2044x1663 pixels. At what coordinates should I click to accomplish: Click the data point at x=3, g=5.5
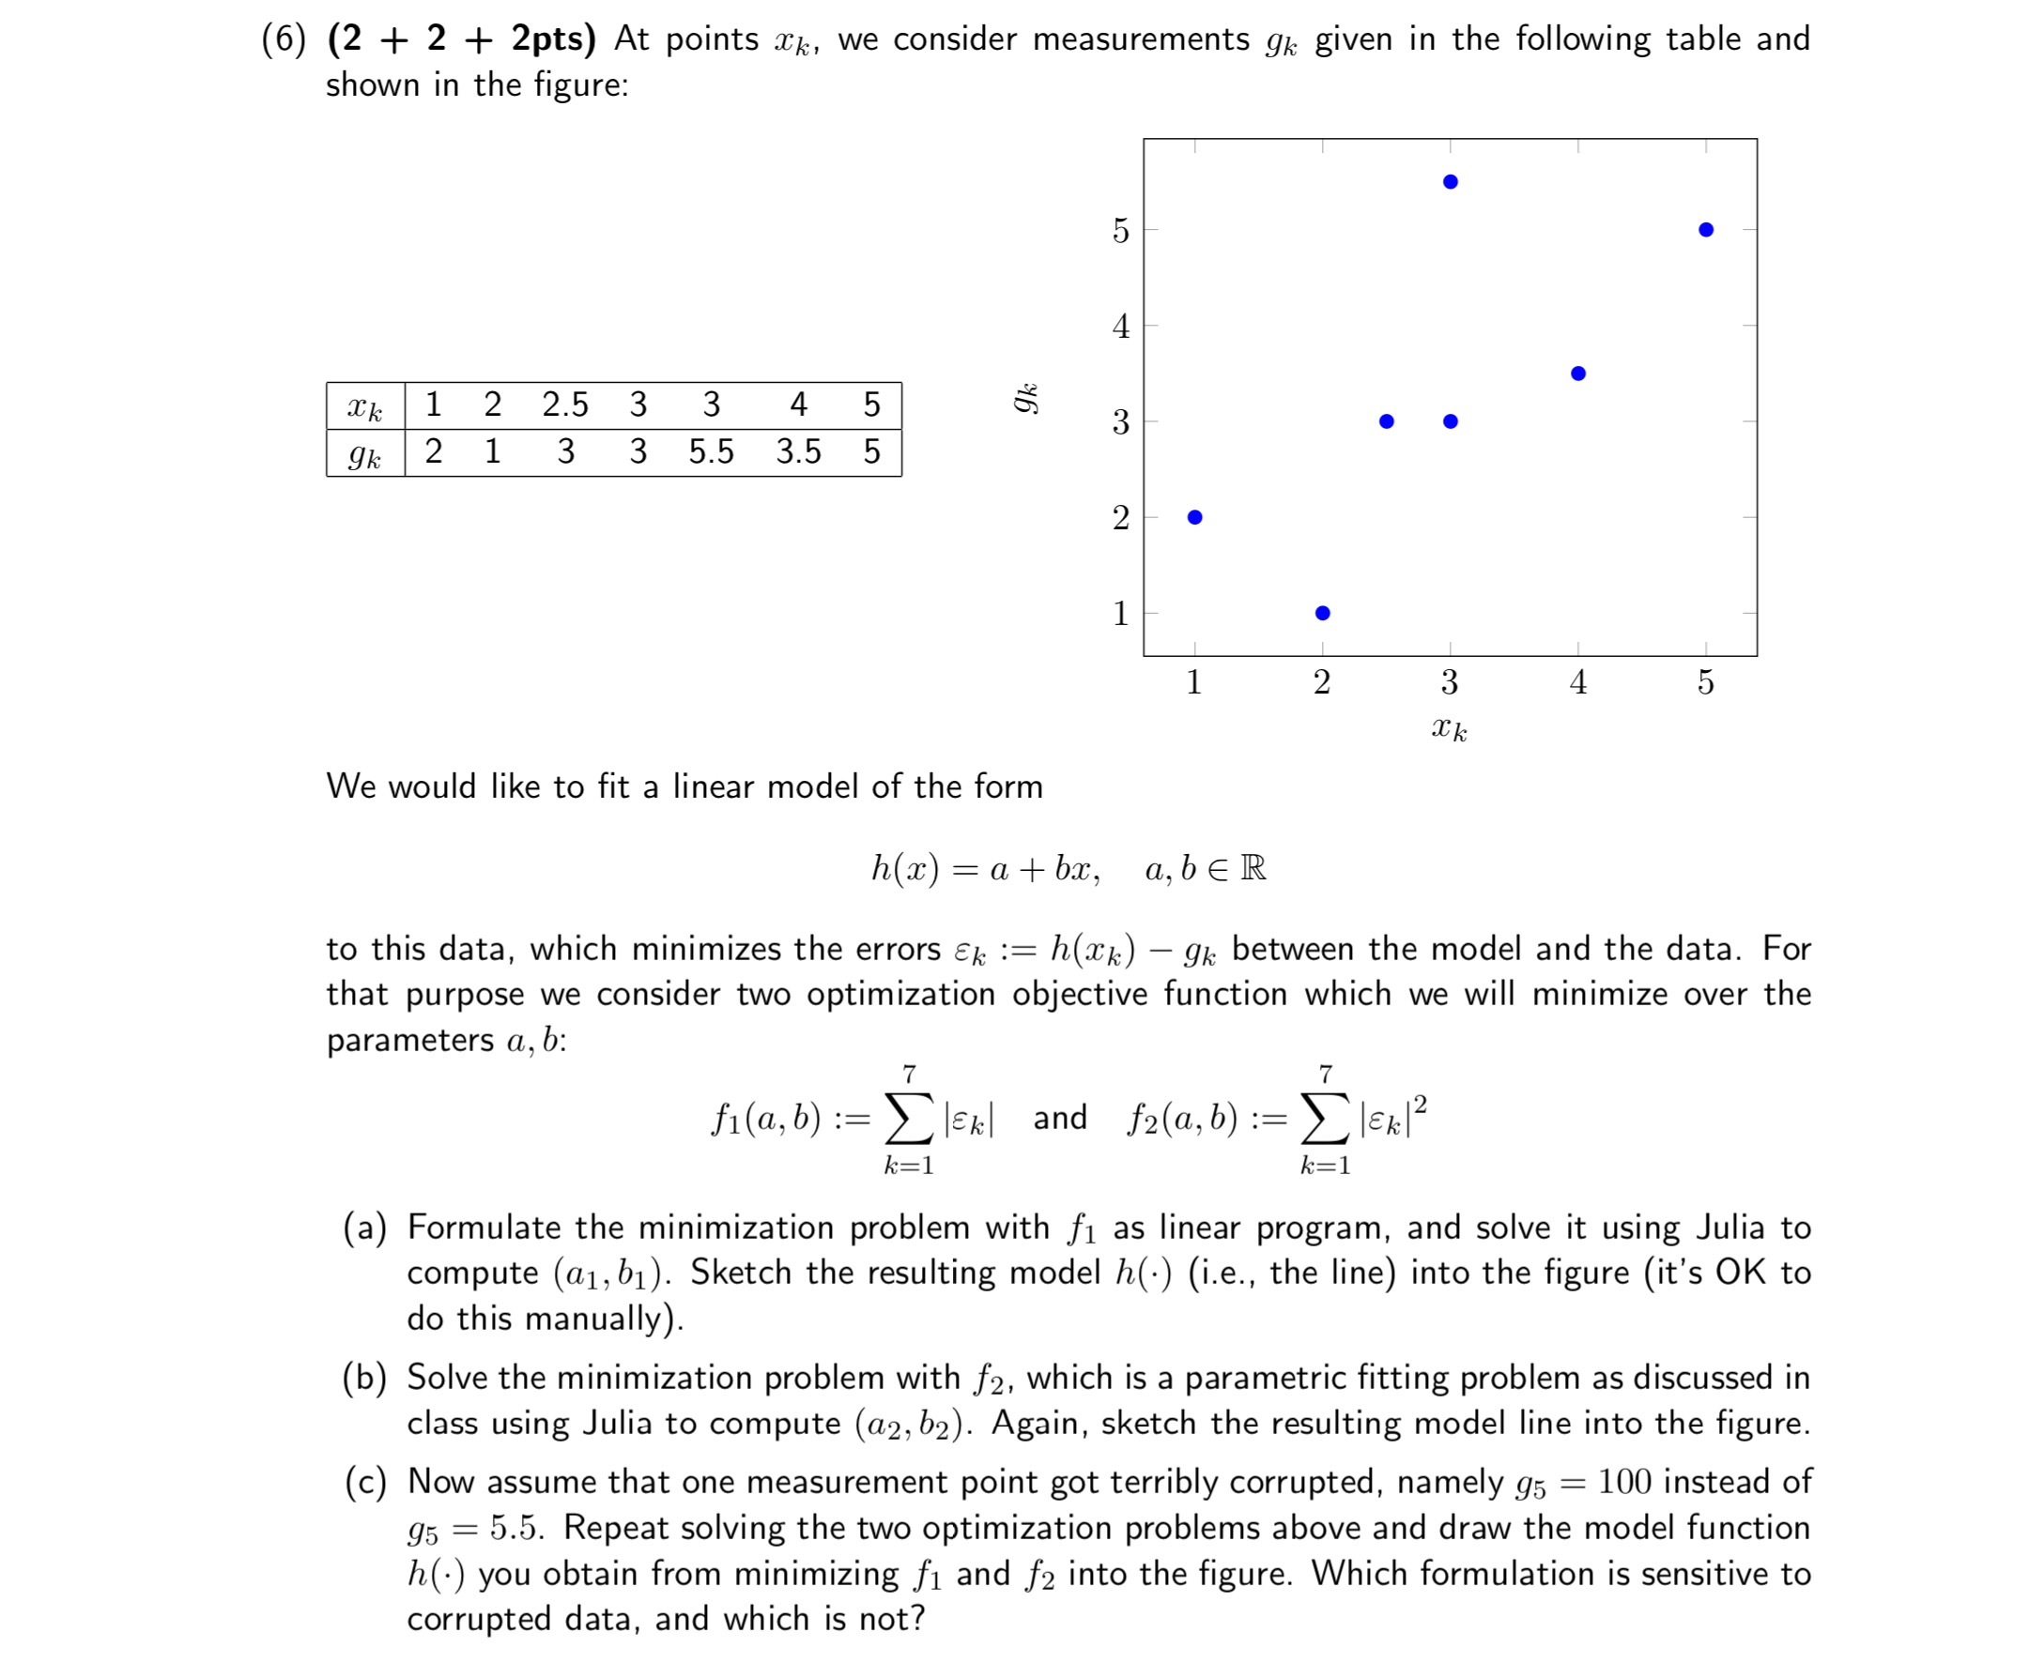point(1450,182)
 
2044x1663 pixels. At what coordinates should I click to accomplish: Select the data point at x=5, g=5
point(1706,230)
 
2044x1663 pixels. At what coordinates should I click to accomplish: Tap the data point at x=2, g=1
point(1322,613)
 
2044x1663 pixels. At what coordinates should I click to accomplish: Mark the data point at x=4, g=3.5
point(1578,374)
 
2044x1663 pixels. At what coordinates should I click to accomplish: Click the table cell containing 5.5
point(711,451)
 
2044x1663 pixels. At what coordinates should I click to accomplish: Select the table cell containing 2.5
point(565,404)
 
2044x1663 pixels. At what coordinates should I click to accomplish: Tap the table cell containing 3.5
point(798,451)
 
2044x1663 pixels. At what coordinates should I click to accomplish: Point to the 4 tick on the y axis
point(1120,327)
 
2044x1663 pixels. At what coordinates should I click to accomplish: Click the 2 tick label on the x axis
point(1321,682)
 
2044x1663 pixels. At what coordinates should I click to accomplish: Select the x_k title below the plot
point(1449,729)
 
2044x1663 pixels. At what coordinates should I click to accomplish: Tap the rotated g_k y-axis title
point(1026,398)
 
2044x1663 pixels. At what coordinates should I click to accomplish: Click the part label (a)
point(365,1228)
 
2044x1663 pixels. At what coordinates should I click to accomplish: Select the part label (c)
point(365,1482)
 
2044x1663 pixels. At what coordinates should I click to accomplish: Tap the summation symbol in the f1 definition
point(908,1118)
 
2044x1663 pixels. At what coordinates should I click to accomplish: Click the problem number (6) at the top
point(284,39)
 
